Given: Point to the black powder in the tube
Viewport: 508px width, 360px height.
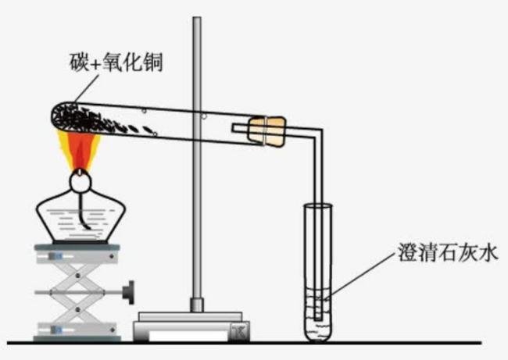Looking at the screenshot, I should [86, 118].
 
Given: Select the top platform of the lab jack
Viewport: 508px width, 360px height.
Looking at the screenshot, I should [77, 251].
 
